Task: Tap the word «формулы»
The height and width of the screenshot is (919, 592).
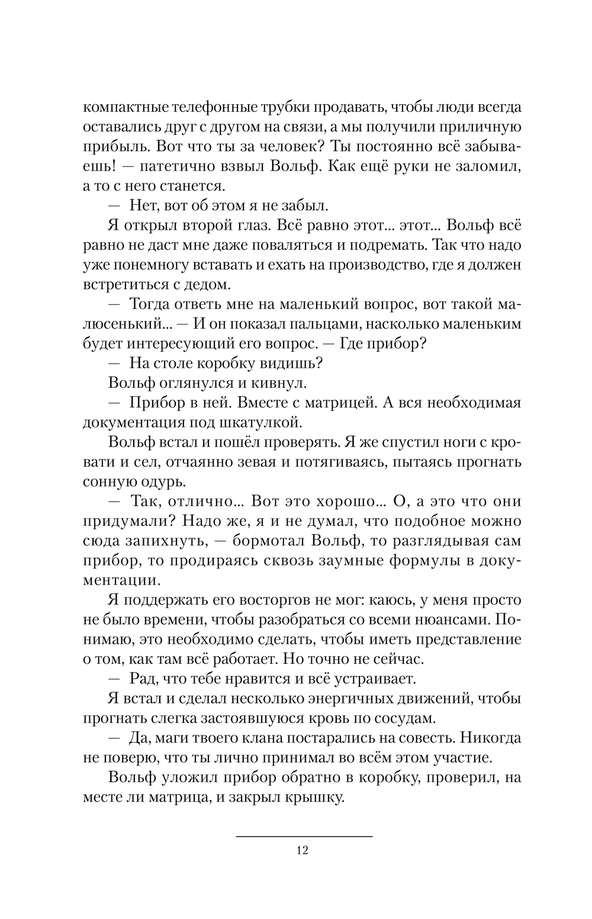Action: coord(419,560)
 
